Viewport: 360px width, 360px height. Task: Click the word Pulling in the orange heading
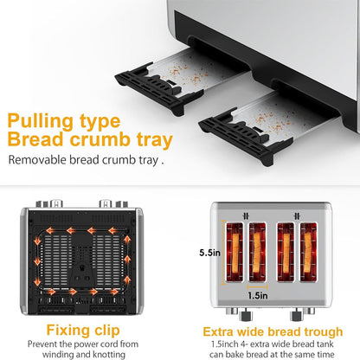click(40, 122)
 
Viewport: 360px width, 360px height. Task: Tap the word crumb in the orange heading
click(100, 139)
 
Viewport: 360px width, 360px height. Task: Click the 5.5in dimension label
click(209, 253)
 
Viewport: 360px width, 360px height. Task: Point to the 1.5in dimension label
click(258, 296)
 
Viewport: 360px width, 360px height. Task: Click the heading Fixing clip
click(83, 331)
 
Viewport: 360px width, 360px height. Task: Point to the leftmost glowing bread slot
click(235, 252)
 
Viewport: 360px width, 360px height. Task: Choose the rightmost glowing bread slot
click(308, 252)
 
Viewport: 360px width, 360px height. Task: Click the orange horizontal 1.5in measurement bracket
click(257, 286)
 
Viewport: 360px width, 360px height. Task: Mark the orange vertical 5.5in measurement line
click(222, 253)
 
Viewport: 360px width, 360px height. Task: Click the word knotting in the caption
click(109, 354)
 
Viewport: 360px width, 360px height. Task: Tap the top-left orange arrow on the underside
click(51, 231)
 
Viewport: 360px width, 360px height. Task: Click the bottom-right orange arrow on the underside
click(114, 292)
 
